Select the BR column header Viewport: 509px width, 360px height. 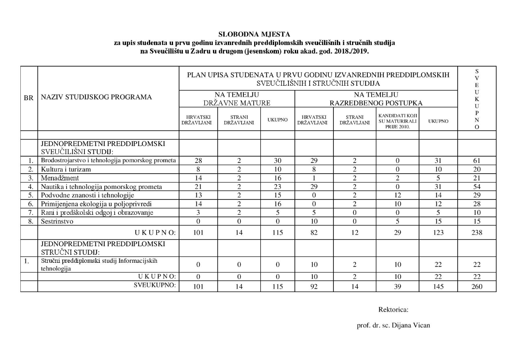tap(29, 97)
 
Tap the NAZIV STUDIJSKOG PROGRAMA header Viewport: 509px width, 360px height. tap(96, 97)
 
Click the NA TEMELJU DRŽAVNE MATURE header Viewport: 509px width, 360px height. tap(237, 99)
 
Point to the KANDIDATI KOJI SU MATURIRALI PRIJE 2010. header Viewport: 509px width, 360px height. tap(397, 121)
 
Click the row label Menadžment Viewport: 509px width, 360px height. tap(60, 178)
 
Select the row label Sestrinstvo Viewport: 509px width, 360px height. tap(57, 221)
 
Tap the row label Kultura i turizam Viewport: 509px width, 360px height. tap(66, 169)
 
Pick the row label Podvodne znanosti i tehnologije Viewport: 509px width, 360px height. tap(87, 195)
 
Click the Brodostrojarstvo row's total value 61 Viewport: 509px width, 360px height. tap(477, 161)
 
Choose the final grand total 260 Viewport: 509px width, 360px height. tap(477, 287)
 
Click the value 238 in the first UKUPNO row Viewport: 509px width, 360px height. tap(477, 232)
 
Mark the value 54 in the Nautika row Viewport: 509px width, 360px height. tap(477, 187)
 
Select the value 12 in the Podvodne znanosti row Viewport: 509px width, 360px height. tap(397, 195)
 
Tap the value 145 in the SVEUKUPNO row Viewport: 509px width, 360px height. tap(438, 287)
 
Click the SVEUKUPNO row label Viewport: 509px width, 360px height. tap(154, 285)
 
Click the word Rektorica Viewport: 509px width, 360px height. tap(393, 309)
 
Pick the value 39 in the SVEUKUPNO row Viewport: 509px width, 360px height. tap(397, 287)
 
